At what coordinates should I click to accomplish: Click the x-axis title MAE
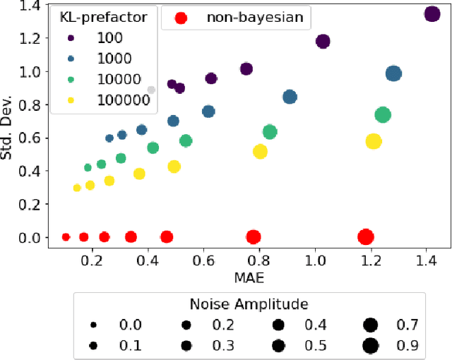(246, 277)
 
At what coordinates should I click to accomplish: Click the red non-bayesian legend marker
(181, 18)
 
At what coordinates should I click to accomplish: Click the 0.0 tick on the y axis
(31, 238)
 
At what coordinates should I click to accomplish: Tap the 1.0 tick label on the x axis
(315, 260)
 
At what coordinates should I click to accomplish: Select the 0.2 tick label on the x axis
(92, 260)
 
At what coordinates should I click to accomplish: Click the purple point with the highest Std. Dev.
(432, 14)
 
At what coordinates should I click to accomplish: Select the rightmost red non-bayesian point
(365, 237)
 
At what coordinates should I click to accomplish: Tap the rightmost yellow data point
(373, 141)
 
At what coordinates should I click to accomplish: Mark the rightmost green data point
(382, 115)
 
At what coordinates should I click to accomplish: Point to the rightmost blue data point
(393, 73)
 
